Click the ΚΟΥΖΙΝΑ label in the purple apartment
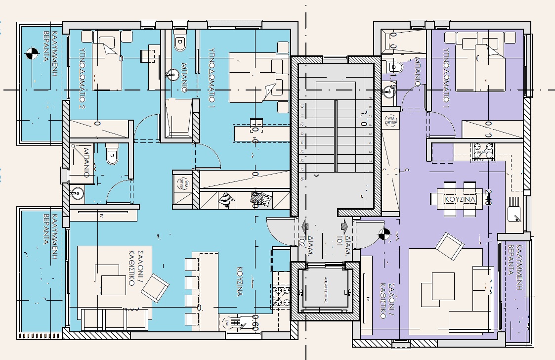point(460,199)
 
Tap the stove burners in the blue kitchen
point(281,296)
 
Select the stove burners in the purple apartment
point(484,150)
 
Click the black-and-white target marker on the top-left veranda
point(31,52)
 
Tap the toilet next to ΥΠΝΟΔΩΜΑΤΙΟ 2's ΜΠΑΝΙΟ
point(113,157)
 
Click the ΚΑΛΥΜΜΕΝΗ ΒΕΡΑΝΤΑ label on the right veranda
point(516,268)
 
